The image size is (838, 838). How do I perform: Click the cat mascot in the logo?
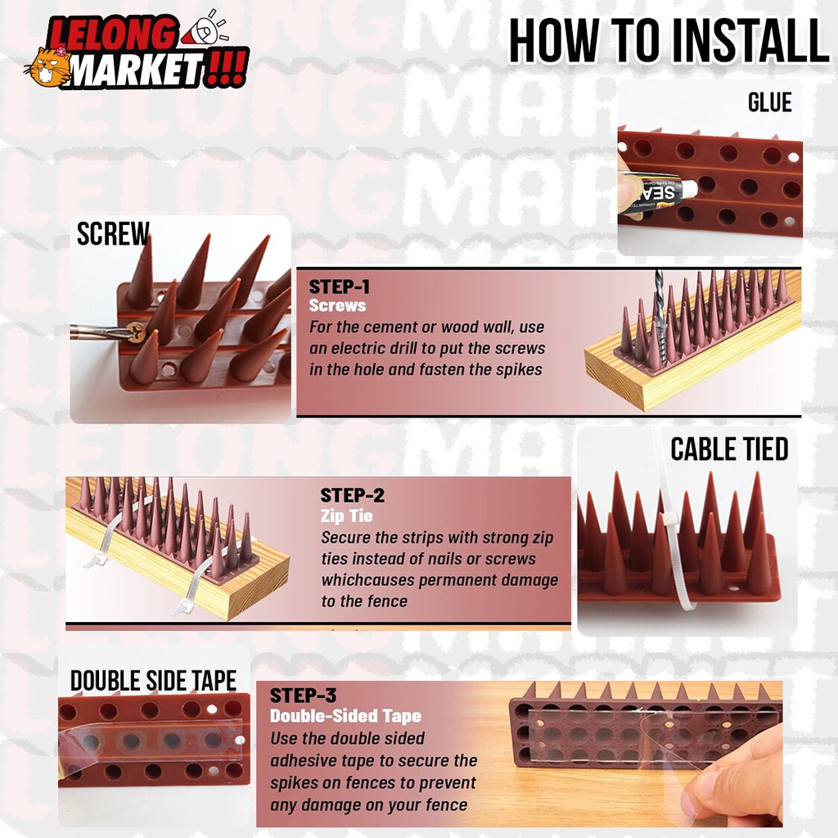48,68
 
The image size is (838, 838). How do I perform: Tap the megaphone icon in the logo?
205,29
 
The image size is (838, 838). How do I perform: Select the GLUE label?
769,102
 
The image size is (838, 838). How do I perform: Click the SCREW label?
113,233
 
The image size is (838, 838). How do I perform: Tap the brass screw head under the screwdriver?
137,332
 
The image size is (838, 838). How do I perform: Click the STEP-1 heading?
340,286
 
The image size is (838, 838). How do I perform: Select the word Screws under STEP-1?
338,305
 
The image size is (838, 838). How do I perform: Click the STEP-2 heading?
352,495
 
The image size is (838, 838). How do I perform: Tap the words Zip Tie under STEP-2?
347,516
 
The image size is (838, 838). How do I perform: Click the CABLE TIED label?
729,449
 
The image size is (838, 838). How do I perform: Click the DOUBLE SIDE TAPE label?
153,680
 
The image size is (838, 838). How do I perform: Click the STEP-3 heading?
303,696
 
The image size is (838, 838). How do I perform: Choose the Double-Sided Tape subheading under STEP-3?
346,715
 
